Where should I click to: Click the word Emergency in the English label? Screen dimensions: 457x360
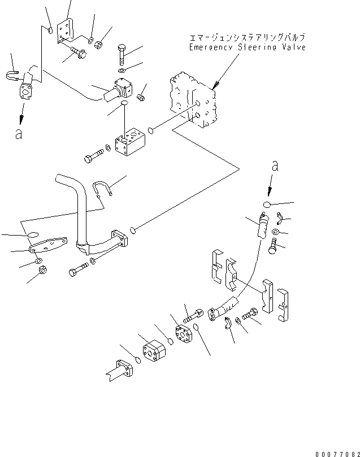pyautogui.click(x=210, y=48)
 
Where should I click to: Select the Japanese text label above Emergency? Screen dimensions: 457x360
pyautogui.click(x=247, y=38)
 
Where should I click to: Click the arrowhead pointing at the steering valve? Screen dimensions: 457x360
pyautogui.click(x=214, y=85)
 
